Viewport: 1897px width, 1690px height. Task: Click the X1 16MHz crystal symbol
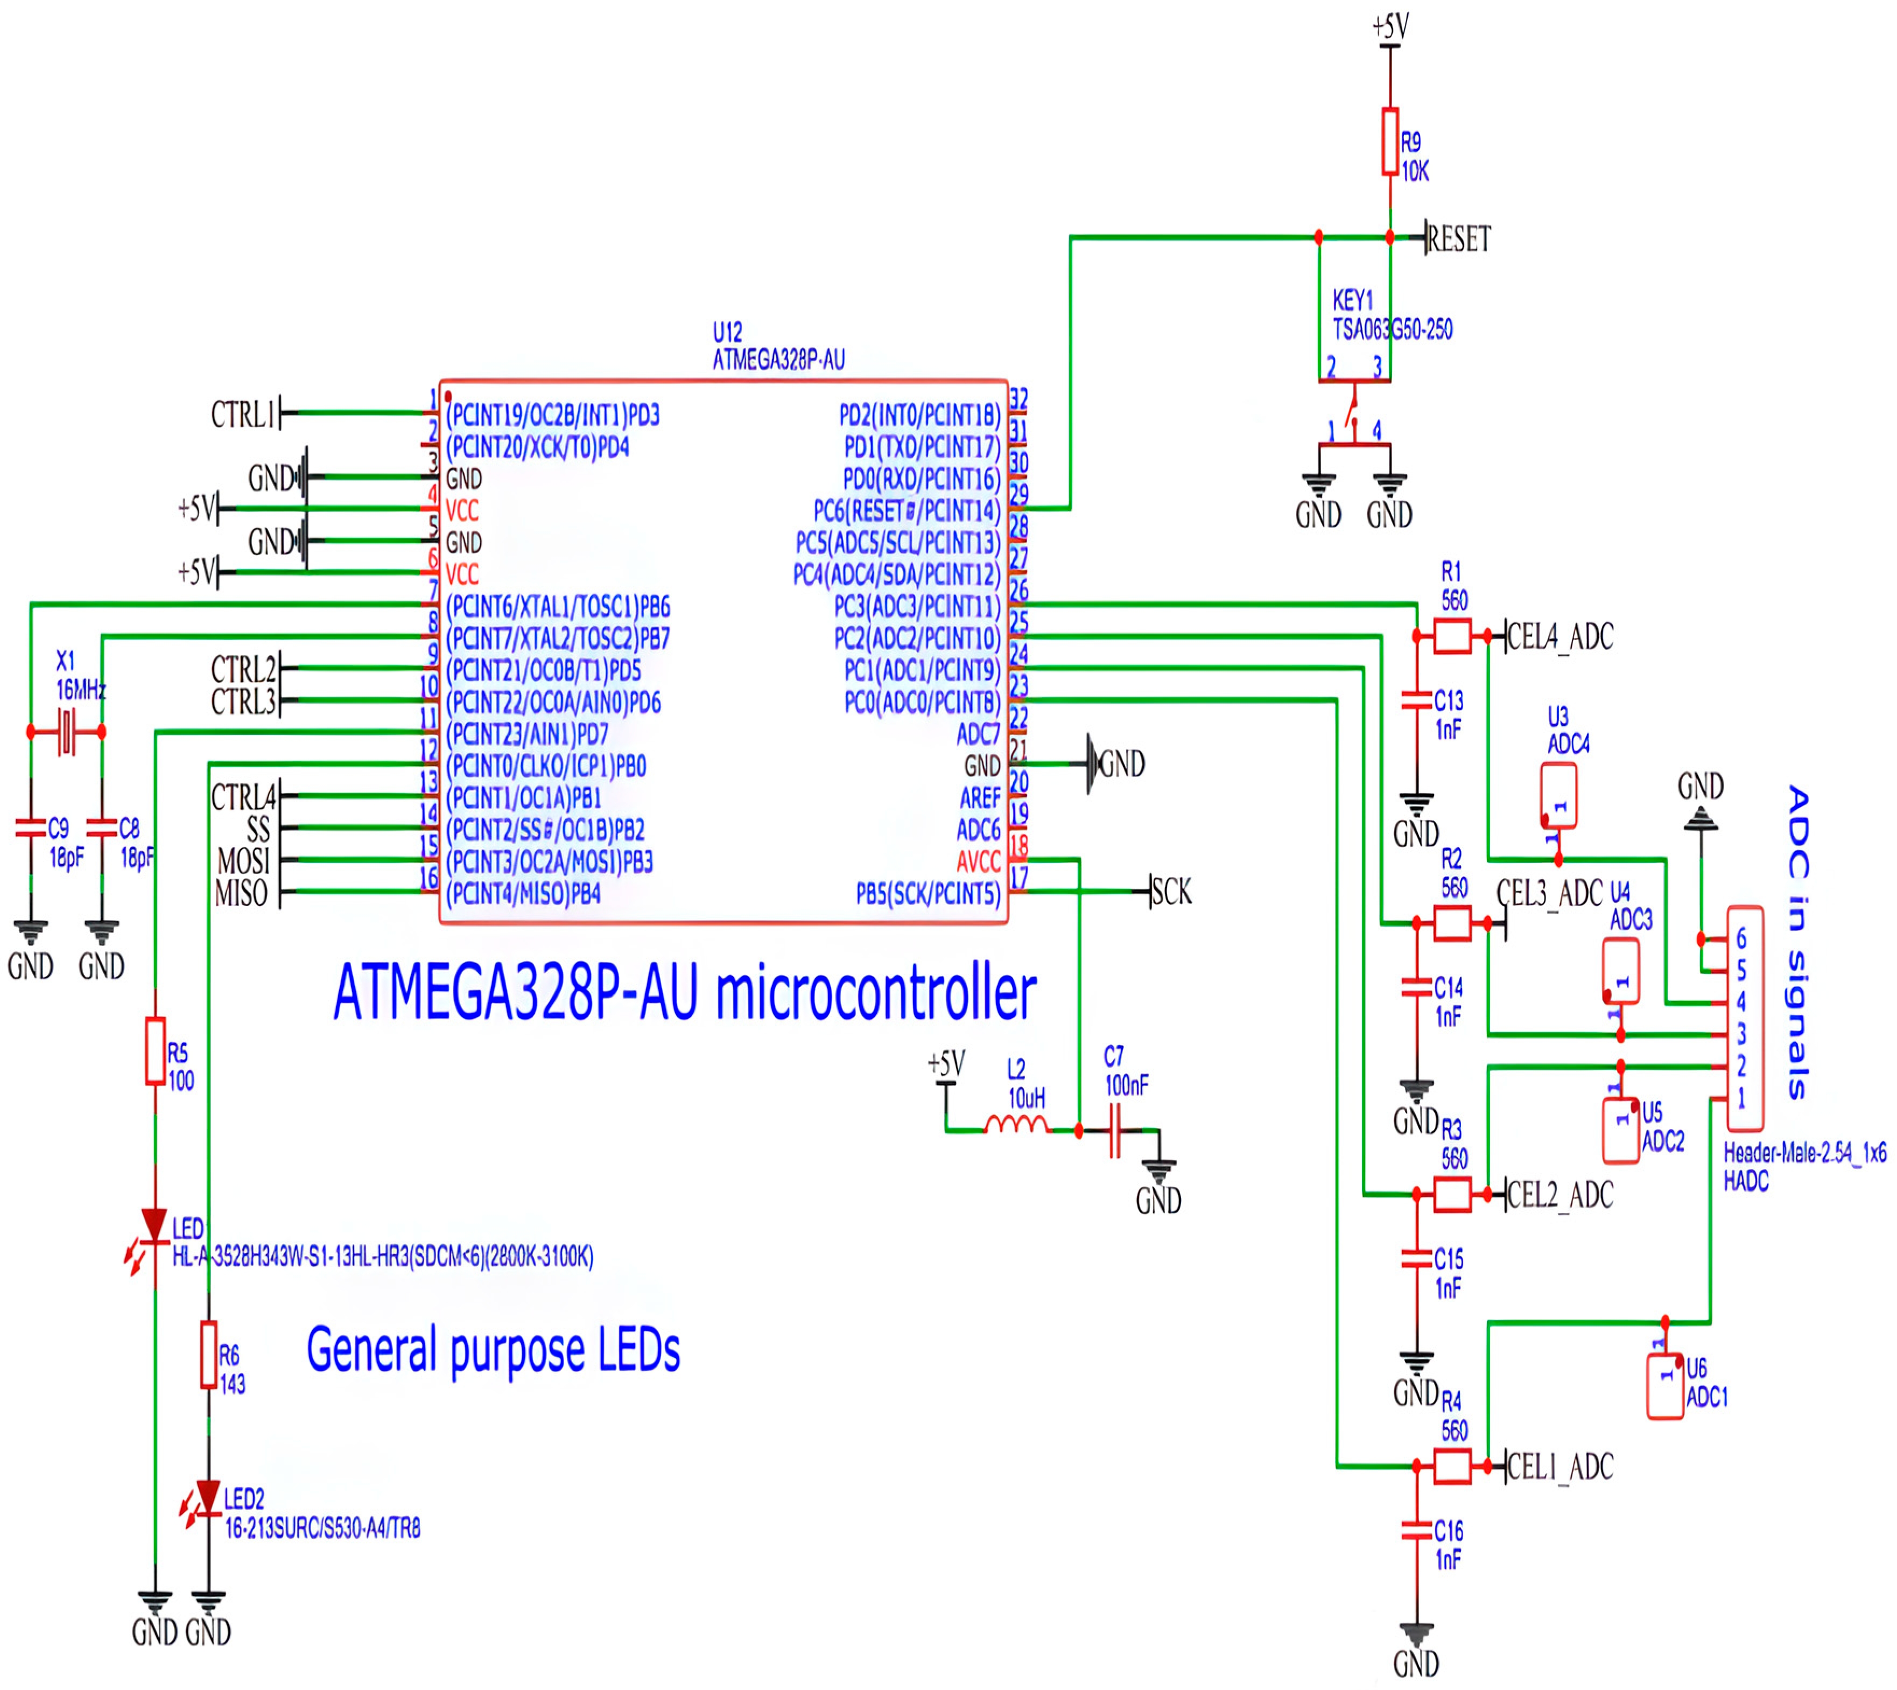click(66, 732)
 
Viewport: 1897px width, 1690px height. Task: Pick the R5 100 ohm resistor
click(155, 1051)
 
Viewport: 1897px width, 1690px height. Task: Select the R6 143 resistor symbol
click(209, 1355)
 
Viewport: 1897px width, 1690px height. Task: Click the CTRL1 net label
click(243, 414)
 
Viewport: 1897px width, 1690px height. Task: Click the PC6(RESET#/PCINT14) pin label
click(907, 511)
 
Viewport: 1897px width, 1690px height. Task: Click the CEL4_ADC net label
click(1560, 637)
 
